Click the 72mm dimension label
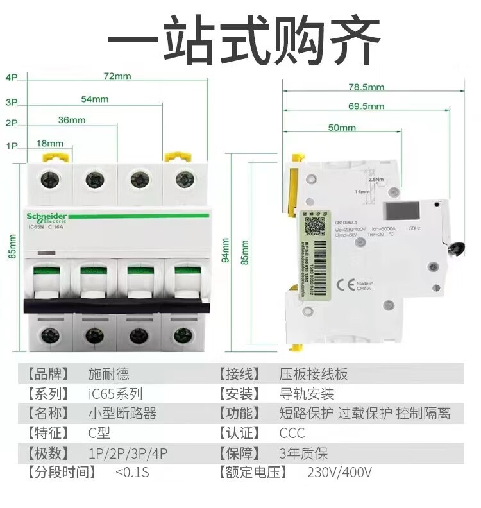(117, 76)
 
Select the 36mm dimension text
(72, 120)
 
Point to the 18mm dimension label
(50, 143)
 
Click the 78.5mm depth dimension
(366, 87)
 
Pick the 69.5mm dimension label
(366, 106)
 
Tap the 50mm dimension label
(342, 128)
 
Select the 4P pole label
(11, 78)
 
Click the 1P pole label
(11, 146)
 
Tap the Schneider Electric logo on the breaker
(46, 217)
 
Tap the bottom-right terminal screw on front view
(184, 334)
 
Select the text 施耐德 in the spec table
(108, 374)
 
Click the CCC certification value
(292, 434)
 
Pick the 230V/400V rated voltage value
(339, 473)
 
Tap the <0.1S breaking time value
(132, 473)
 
